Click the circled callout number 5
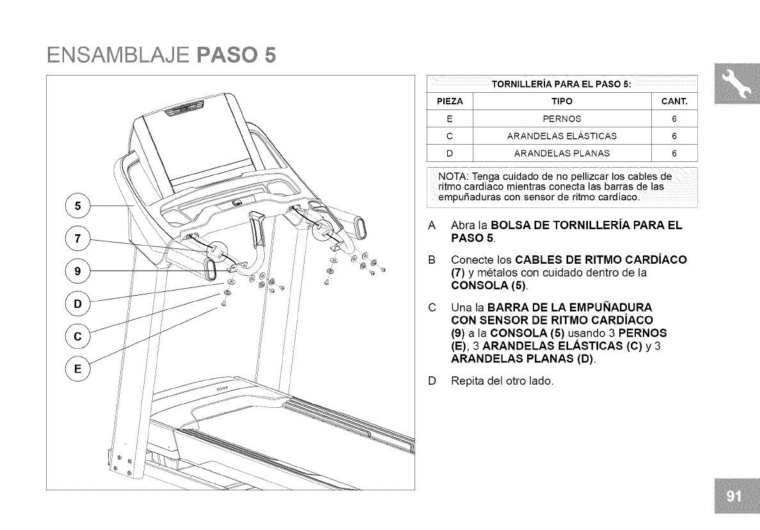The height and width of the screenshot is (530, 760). tap(78, 206)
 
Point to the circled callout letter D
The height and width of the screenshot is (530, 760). tap(78, 303)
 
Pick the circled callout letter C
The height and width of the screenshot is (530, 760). tap(78, 336)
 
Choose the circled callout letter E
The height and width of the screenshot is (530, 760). tap(78, 369)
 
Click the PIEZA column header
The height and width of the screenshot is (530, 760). tap(449, 102)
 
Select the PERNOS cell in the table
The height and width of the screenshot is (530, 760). tap(561, 118)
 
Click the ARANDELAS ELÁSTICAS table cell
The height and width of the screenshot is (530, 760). tap(561, 136)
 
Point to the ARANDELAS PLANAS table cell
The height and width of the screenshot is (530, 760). tap(561, 153)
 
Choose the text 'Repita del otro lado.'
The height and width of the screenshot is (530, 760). tap(502, 382)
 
